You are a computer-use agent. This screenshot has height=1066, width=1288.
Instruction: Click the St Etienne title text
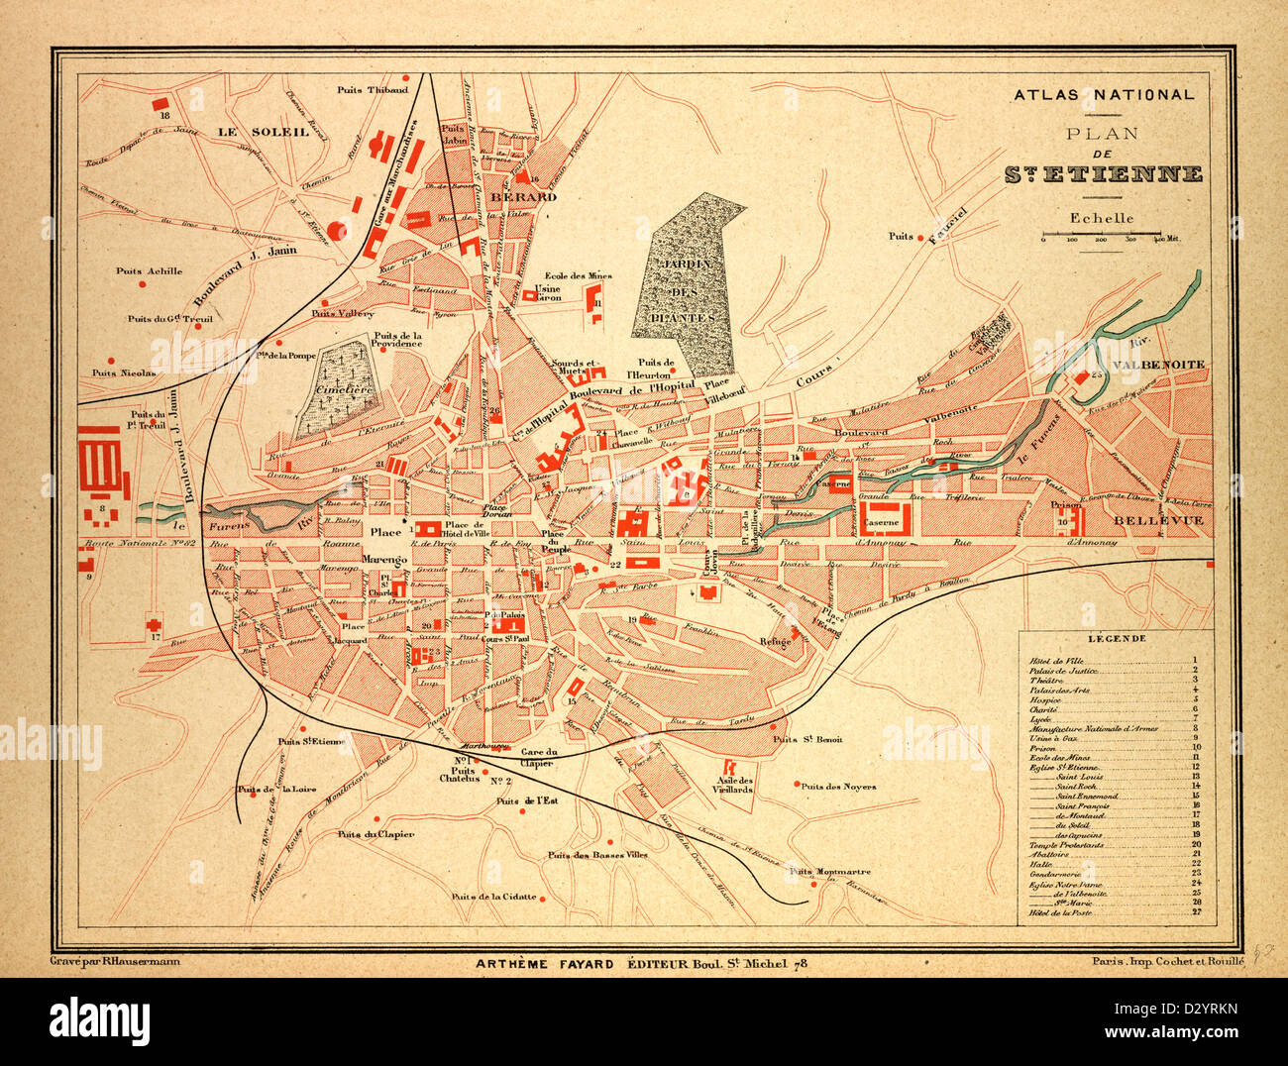tap(1104, 175)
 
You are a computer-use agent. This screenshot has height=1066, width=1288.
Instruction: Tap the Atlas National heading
tap(1103, 95)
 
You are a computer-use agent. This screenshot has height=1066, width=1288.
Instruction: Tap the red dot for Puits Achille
tap(142, 284)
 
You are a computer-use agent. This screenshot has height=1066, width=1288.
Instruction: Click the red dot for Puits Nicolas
tap(111, 360)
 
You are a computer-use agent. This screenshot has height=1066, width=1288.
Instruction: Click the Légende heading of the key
tap(1116, 639)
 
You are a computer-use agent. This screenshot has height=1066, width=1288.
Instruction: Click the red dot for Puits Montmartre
tap(812, 885)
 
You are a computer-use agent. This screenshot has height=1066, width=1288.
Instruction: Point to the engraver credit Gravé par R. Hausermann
tap(121, 961)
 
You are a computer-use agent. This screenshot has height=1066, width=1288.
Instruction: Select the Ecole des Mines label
tap(579, 276)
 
